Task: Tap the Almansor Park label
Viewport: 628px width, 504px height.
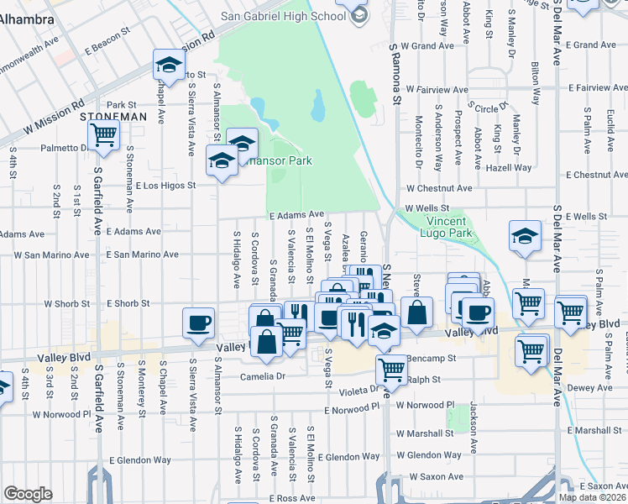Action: (x=272, y=160)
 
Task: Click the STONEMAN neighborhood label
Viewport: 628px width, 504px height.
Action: (x=114, y=117)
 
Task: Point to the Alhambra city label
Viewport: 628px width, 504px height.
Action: (x=25, y=18)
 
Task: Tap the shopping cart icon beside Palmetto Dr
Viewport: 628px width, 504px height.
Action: (x=103, y=134)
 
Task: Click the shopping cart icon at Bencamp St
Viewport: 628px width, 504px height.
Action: (x=391, y=368)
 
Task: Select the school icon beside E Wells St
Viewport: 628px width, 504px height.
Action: (x=525, y=236)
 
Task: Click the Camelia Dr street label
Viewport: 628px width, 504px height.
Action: (x=264, y=376)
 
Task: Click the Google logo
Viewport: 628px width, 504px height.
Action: (x=28, y=494)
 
